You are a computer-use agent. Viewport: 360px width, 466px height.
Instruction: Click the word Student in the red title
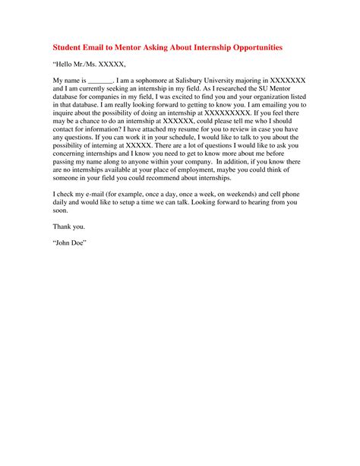point(71,47)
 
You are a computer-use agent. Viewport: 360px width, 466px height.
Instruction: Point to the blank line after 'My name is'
point(100,79)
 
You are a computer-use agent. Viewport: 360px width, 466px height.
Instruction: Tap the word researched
point(226,88)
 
